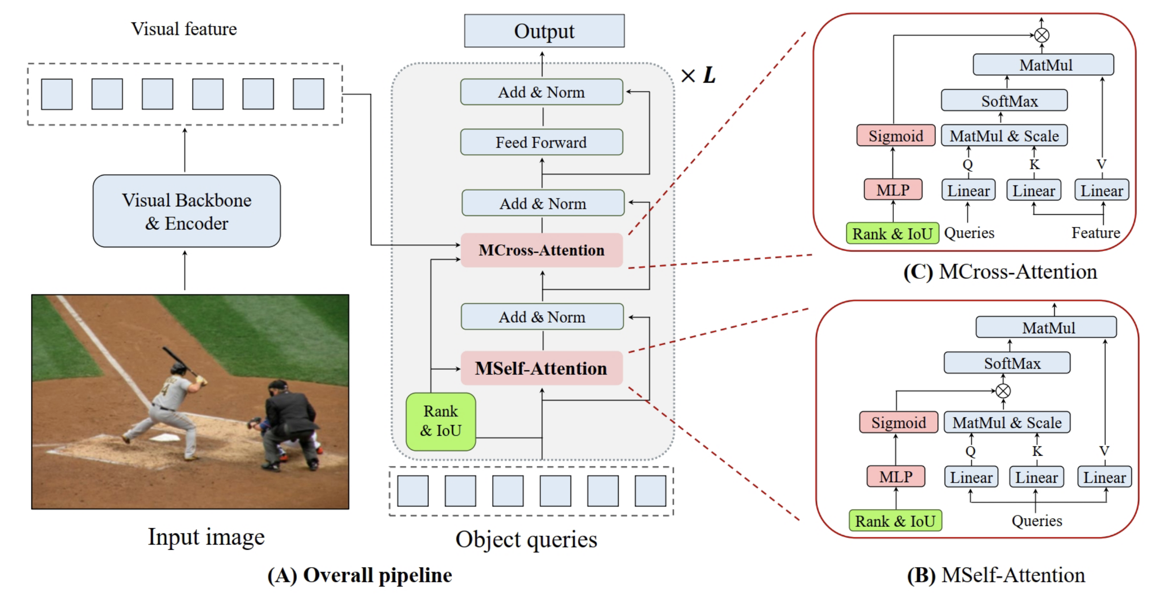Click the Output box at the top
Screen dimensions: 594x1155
click(x=544, y=31)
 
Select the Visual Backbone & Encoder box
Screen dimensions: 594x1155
click(x=186, y=211)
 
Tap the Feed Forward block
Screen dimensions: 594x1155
click(x=541, y=142)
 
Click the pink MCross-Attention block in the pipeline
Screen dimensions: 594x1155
click(x=541, y=250)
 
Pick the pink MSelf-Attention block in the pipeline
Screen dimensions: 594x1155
click(x=541, y=368)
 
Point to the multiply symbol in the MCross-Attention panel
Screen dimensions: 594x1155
click(x=1041, y=35)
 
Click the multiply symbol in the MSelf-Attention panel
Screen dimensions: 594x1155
click(x=1003, y=391)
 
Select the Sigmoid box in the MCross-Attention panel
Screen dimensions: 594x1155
click(x=895, y=136)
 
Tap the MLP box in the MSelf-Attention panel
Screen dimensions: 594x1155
click(x=895, y=476)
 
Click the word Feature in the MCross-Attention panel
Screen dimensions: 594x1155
click(x=1095, y=233)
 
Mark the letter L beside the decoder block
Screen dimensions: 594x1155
click(x=709, y=75)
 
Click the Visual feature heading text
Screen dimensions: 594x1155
click(x=184, y=29)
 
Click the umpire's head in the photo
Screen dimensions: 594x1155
click(x=278, y=388)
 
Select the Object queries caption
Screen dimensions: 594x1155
click(x=526, y=539)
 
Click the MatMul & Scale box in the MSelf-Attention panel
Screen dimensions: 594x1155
click(x=1007, y=423)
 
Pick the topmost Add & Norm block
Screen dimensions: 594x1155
click(x=541, y=92)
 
